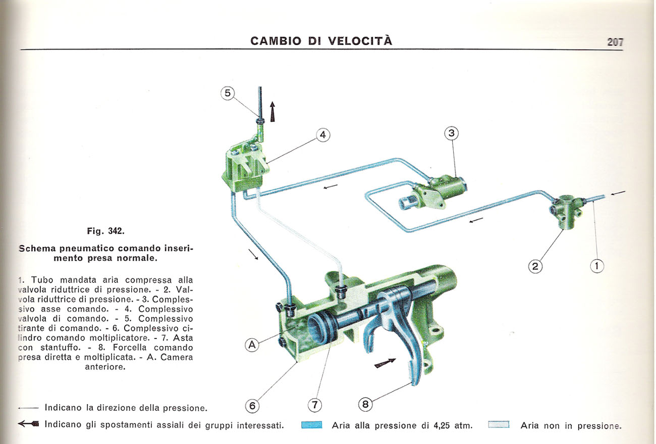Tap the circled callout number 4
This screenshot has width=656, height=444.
pos(323,135)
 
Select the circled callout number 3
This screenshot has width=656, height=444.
pos(452,134)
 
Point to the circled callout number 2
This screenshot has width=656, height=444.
pos(535,266)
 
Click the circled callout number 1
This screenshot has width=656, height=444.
pos(597,266)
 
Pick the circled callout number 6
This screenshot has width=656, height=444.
pos(252,405)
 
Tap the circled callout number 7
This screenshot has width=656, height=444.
pos(314,405)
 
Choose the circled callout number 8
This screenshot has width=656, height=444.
pos(365,405)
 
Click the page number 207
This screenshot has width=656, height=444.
pos(616,42)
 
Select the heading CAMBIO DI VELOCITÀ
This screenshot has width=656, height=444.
pos(321,41)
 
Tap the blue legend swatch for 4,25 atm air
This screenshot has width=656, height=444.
pos(311,425)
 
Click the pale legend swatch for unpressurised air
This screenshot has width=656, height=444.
pos(499,425)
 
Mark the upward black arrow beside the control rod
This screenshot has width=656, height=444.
pos(273,111)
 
